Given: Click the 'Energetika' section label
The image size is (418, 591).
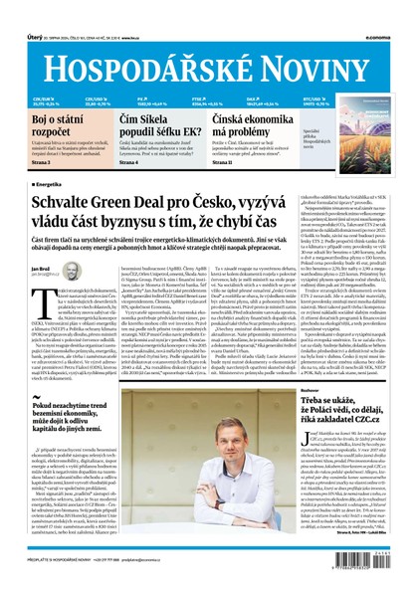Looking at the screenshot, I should coord(50,185).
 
